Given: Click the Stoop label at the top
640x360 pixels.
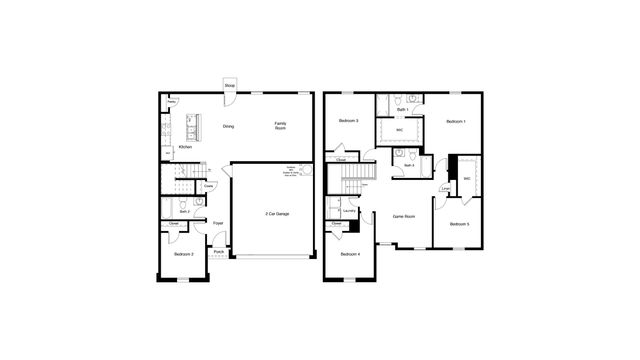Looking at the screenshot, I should pos(229,85).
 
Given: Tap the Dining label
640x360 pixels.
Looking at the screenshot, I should pos(228,126).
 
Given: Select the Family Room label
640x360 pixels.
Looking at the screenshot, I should pos(280,125).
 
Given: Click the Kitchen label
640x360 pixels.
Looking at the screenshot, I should pos(184,147).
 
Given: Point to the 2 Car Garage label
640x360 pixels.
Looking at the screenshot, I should pos(277,214).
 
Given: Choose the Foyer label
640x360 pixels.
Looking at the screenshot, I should pos(217,223).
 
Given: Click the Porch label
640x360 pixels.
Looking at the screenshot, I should pos(218,252).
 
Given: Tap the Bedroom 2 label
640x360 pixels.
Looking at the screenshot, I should pos(182,254).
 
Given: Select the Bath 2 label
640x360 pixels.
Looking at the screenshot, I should pos(185,212).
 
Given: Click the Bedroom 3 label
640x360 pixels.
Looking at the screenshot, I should pos(348,120).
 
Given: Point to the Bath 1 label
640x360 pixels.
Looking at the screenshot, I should pos(401,109).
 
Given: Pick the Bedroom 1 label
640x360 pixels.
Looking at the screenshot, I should pos(456,120).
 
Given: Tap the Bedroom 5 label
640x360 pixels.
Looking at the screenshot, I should pos(458,224).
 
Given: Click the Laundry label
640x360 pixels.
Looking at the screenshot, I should pos(349,211).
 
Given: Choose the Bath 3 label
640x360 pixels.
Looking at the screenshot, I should pos(409,165).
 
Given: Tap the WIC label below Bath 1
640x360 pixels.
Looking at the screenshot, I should pos(399,130).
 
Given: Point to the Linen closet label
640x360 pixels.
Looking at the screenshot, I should pos(444,189).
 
